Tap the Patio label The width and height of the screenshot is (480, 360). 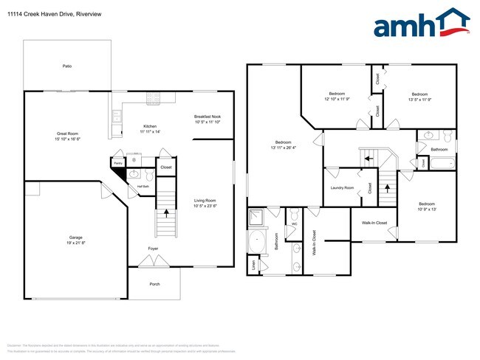67,66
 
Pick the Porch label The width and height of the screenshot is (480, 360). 154,284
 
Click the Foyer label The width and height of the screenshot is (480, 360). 153,249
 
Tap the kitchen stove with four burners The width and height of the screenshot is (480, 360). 154,96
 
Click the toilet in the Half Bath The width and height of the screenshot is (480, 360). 148,176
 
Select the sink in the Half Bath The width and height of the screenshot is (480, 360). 134,175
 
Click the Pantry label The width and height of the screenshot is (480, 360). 117,162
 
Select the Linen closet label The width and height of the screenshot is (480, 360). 253,263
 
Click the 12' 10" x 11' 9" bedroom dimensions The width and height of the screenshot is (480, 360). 337,98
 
